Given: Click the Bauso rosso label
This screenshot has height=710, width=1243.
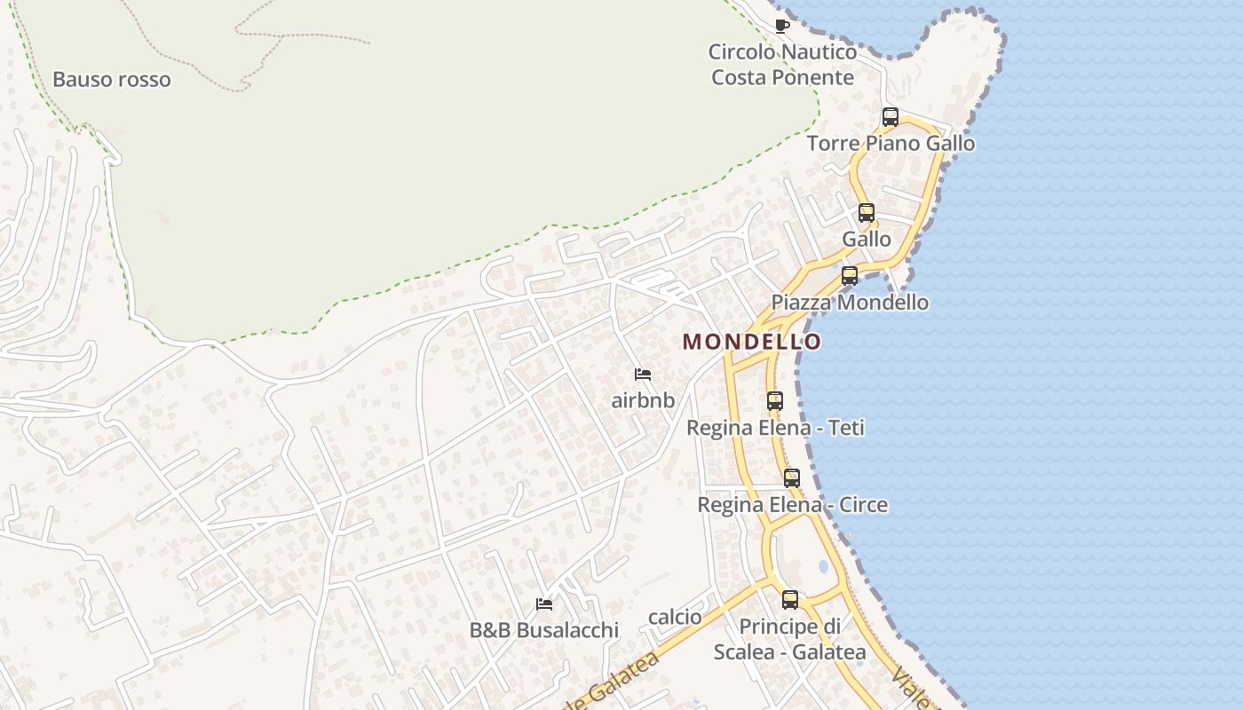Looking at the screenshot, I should (x=112, y=79).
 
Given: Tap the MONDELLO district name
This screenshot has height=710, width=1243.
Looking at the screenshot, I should (x=752, y=342).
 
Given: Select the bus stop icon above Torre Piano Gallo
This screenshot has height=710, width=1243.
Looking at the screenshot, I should (x=891, y=117).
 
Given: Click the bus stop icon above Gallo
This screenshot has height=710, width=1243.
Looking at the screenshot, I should (x=867, y=213).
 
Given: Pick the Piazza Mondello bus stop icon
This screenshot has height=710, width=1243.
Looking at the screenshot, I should (x=850, y=276).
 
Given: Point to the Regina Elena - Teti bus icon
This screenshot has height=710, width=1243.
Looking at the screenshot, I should (x=775, y=401).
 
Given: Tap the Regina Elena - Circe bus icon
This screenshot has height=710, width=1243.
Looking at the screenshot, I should (x=792, y=478).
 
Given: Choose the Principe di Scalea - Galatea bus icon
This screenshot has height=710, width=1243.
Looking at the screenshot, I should (x=790, y=600).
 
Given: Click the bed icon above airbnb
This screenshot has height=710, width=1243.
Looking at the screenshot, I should (x=643, y=375).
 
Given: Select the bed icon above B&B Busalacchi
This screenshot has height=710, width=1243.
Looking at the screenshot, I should (x=544, y=604).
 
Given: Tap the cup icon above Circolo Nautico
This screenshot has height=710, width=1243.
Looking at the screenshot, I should (x=781, y=26).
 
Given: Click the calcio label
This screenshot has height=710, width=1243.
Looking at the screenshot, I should (x=675, y=617).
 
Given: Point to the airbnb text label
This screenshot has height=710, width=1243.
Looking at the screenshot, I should (x=643, y=400).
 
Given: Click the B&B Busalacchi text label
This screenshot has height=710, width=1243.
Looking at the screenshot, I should (x=544, y=630).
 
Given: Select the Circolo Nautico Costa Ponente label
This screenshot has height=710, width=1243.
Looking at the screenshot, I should (x=783, y=65).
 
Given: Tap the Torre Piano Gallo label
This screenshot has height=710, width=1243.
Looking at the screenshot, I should (x=891, y=143).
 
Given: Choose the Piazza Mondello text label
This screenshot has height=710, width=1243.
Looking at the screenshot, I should (x=850, y=302).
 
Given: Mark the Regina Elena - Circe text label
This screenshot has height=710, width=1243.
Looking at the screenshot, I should (x=792, y=504).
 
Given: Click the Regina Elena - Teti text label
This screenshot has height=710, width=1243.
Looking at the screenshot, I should (x=775, y=428).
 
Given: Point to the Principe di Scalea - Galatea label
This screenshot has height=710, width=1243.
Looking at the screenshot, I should (x=790, y=639).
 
